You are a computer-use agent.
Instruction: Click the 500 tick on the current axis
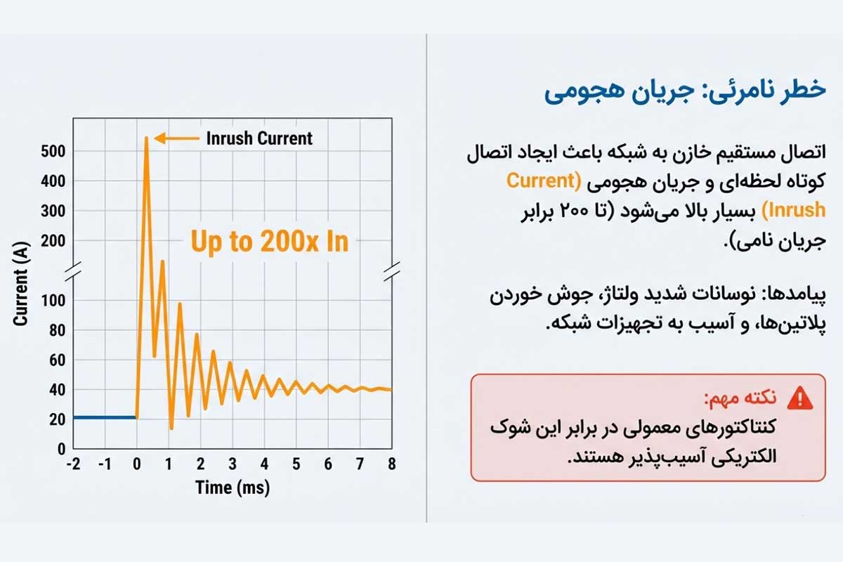click(x=53, y=152)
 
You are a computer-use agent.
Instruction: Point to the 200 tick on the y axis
click(x=53, y=241)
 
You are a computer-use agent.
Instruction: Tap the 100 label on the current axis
click(x=53, y=301)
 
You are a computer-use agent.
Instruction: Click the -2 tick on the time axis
click(x=72, y=464)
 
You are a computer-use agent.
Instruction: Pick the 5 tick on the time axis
click(x=296, y=464)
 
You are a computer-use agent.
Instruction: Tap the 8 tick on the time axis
click(x=392, y=464)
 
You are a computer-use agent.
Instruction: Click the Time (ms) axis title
click(x=233, y=487)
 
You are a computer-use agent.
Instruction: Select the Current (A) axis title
click(x=20, y=287)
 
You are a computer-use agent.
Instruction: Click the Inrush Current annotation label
click(x=259, y=138)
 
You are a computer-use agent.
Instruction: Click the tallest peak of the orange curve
click(x=146, y=138)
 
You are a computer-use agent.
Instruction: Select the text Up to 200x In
click(x=269, y=242)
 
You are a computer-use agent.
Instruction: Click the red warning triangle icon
click(x=799, y=398)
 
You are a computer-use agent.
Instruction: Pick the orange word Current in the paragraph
click(x=541, y=180)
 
